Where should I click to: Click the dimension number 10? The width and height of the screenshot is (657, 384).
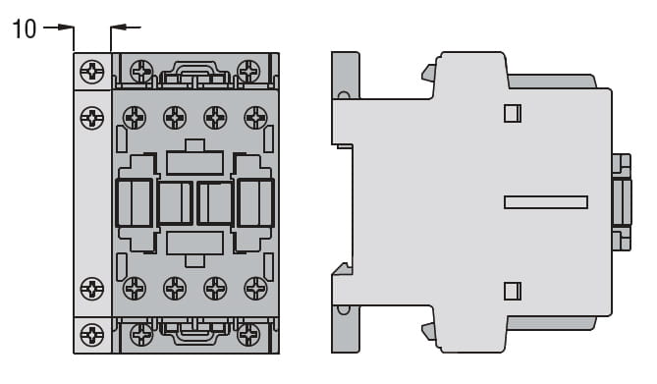24,28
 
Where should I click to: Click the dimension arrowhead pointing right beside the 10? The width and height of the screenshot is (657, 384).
66,27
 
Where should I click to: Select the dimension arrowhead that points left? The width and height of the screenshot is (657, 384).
119,27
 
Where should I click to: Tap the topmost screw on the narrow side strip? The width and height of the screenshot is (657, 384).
91,72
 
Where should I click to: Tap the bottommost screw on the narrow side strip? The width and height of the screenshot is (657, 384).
91,335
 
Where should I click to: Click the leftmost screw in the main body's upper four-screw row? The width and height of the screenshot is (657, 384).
135,118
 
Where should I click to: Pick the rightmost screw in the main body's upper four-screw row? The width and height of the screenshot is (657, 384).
255,118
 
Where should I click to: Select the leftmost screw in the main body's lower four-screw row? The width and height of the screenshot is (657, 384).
135,289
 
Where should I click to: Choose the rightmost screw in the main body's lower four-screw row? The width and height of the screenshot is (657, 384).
255,289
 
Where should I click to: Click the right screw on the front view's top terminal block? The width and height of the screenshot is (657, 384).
248,71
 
